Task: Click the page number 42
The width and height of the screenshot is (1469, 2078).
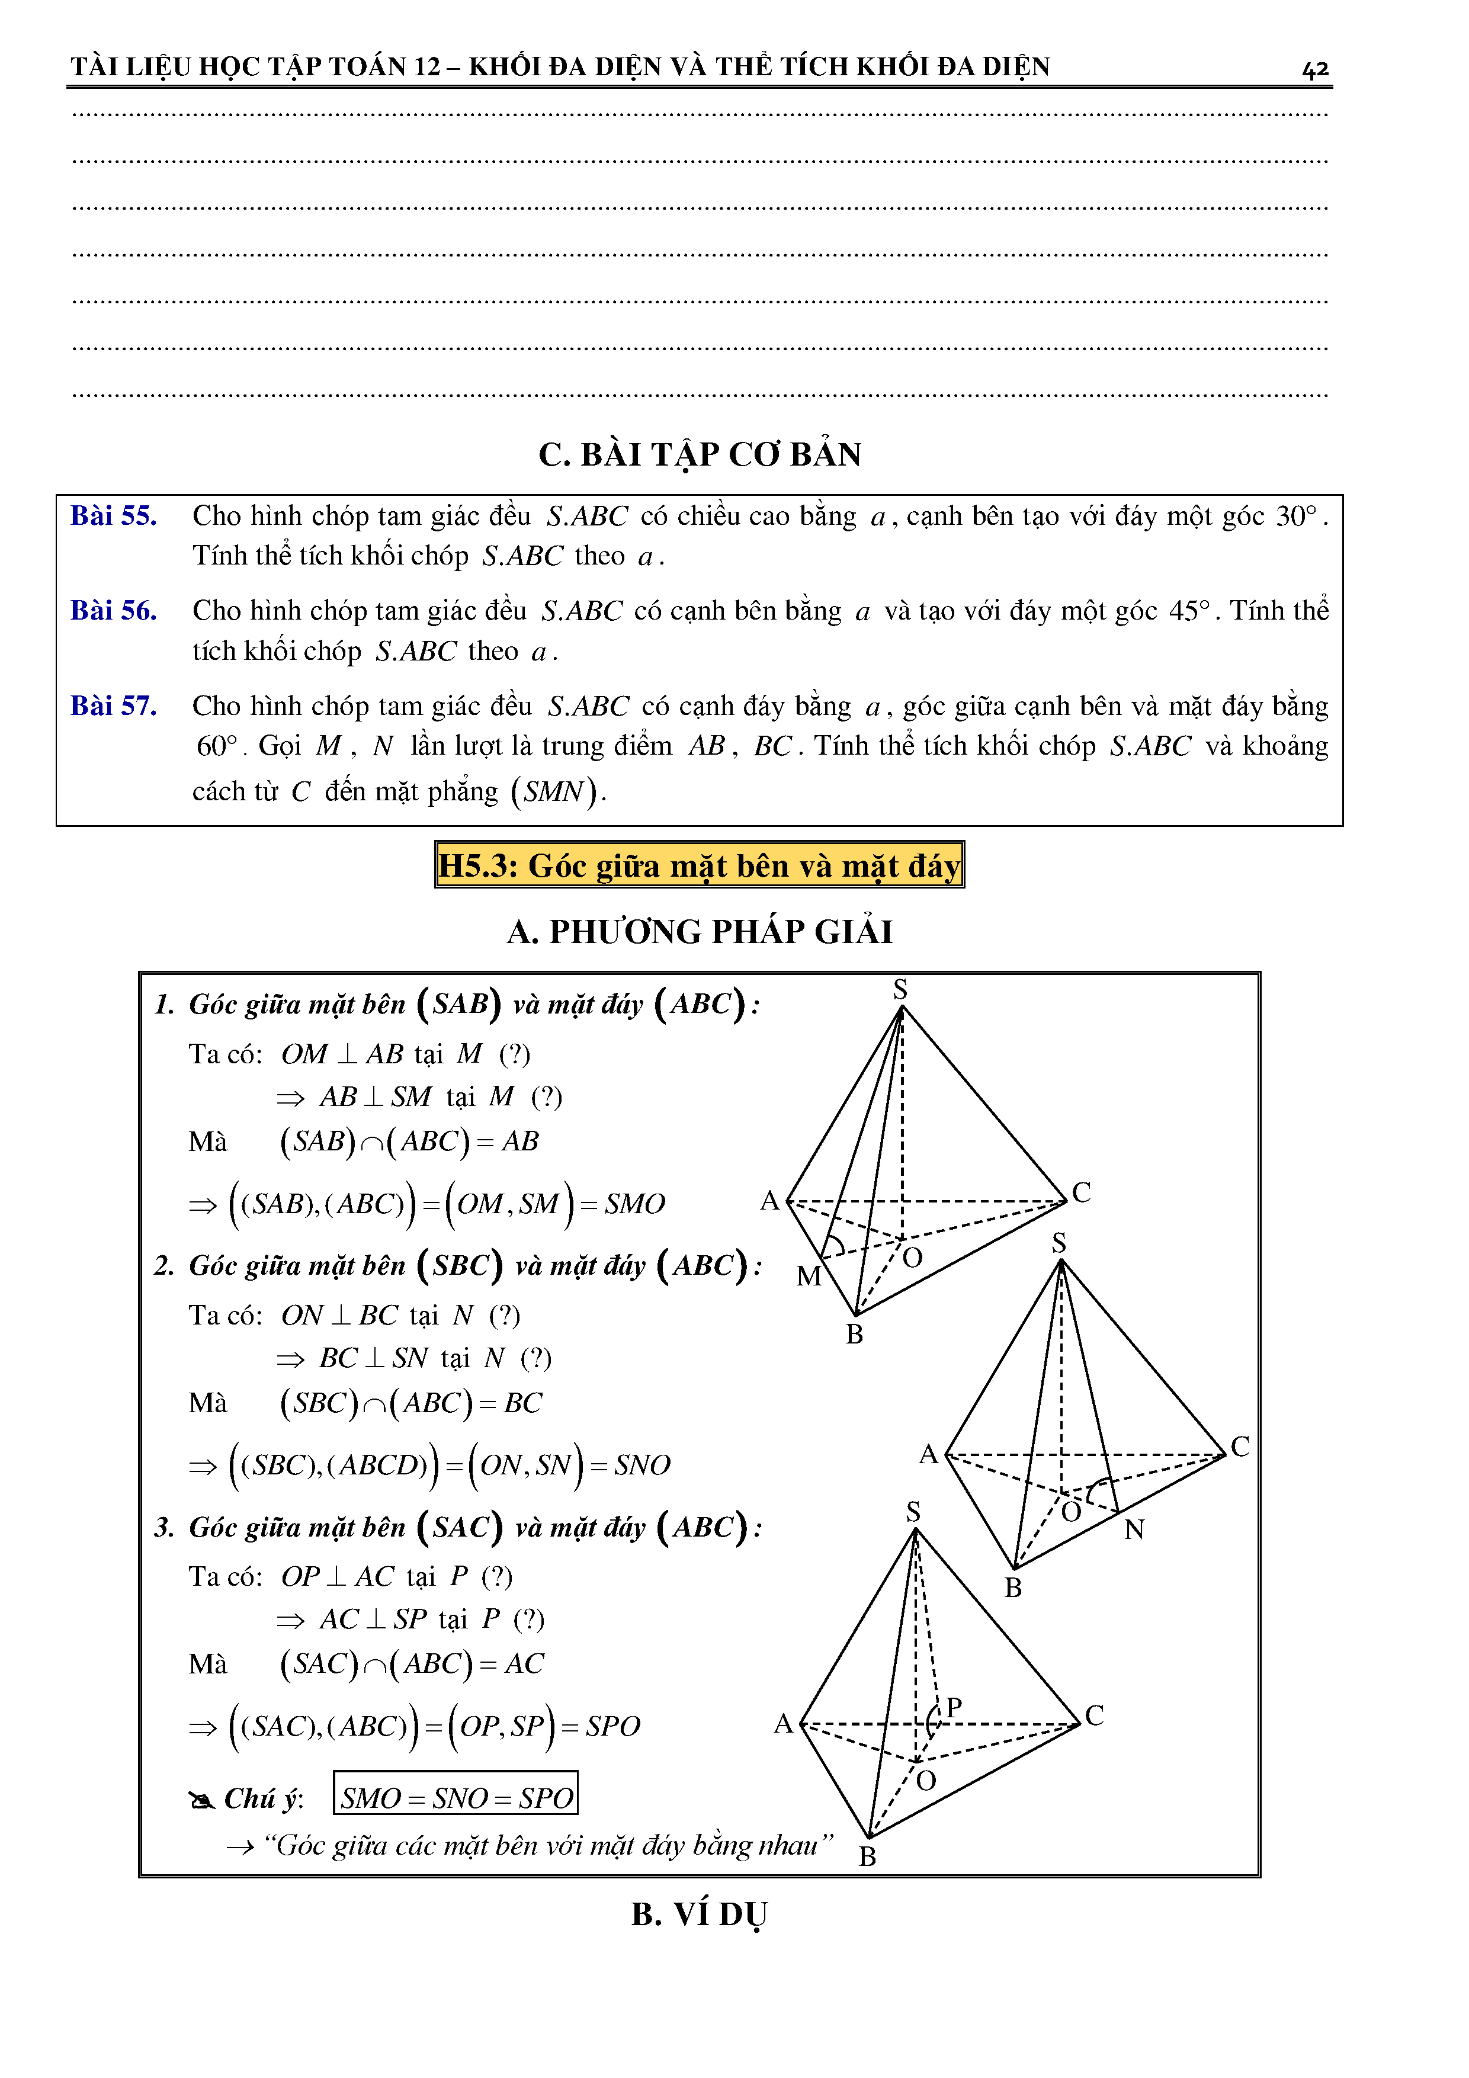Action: pos(1314,69)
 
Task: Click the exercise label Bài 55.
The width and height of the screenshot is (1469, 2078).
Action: pos(113,516)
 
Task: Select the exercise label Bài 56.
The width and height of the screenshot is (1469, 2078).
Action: pos(113,611)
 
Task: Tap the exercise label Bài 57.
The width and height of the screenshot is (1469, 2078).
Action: pos(113,706)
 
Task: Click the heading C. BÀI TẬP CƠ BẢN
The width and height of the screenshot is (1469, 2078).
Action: pos(700,454)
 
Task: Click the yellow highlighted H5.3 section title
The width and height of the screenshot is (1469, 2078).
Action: pos(699,866)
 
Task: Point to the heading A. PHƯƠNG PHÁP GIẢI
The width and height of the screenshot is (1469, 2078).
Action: pos(700,931)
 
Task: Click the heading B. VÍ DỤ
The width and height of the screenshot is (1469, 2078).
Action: pos(700,1914)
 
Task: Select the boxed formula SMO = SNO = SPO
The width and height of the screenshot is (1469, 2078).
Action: pos(456,1797)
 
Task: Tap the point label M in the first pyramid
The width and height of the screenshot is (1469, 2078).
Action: pos(809,1276)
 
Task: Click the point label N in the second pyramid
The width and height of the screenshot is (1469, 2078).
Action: pos(1134,1529)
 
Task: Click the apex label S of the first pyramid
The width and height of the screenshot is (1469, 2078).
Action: pos(900,989)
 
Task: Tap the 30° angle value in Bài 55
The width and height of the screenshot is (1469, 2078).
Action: pos(1296,516)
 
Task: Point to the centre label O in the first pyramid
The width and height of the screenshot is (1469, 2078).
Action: pos(912,1257)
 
